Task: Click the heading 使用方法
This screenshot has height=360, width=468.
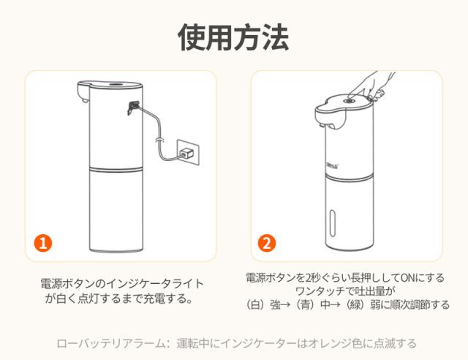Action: [233, 37]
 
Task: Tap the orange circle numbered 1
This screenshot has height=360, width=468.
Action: [43, 243]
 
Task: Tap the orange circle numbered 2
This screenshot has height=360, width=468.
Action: [267, 243]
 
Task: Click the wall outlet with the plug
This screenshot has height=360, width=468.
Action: [188, 152]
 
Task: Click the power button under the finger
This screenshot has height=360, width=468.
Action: [348, 101]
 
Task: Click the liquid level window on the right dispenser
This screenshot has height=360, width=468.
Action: [333, 222]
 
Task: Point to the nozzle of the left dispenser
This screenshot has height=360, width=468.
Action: [85, 101]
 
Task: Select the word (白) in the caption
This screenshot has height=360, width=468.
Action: [256, 304]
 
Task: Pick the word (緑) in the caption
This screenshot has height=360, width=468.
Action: [356, 304]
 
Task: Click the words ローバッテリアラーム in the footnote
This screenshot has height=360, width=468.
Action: [110, 343]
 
